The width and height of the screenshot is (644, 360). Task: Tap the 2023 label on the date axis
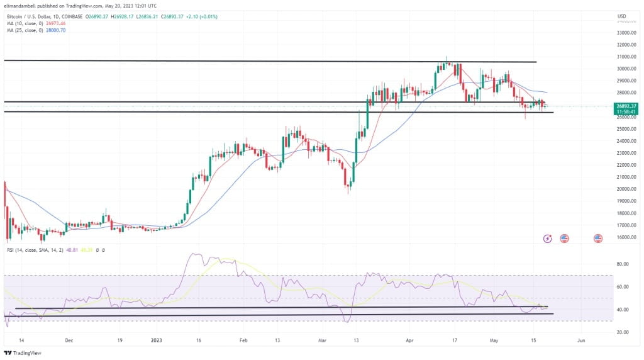click(x=157, y=339)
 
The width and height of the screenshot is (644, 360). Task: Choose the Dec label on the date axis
click(x=69, y=339)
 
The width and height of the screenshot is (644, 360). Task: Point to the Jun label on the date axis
click(x=581, y=339)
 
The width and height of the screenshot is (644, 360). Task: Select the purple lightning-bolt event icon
click(x=548, y=239)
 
